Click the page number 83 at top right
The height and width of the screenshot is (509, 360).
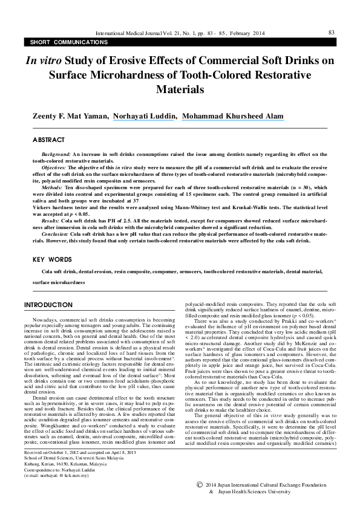[331, 32]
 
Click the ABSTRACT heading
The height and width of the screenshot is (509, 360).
[48, 140]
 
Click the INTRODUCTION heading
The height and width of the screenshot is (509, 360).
[51, 304]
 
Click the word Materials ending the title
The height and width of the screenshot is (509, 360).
[180, 89]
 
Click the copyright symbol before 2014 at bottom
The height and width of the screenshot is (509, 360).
[201, 485]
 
